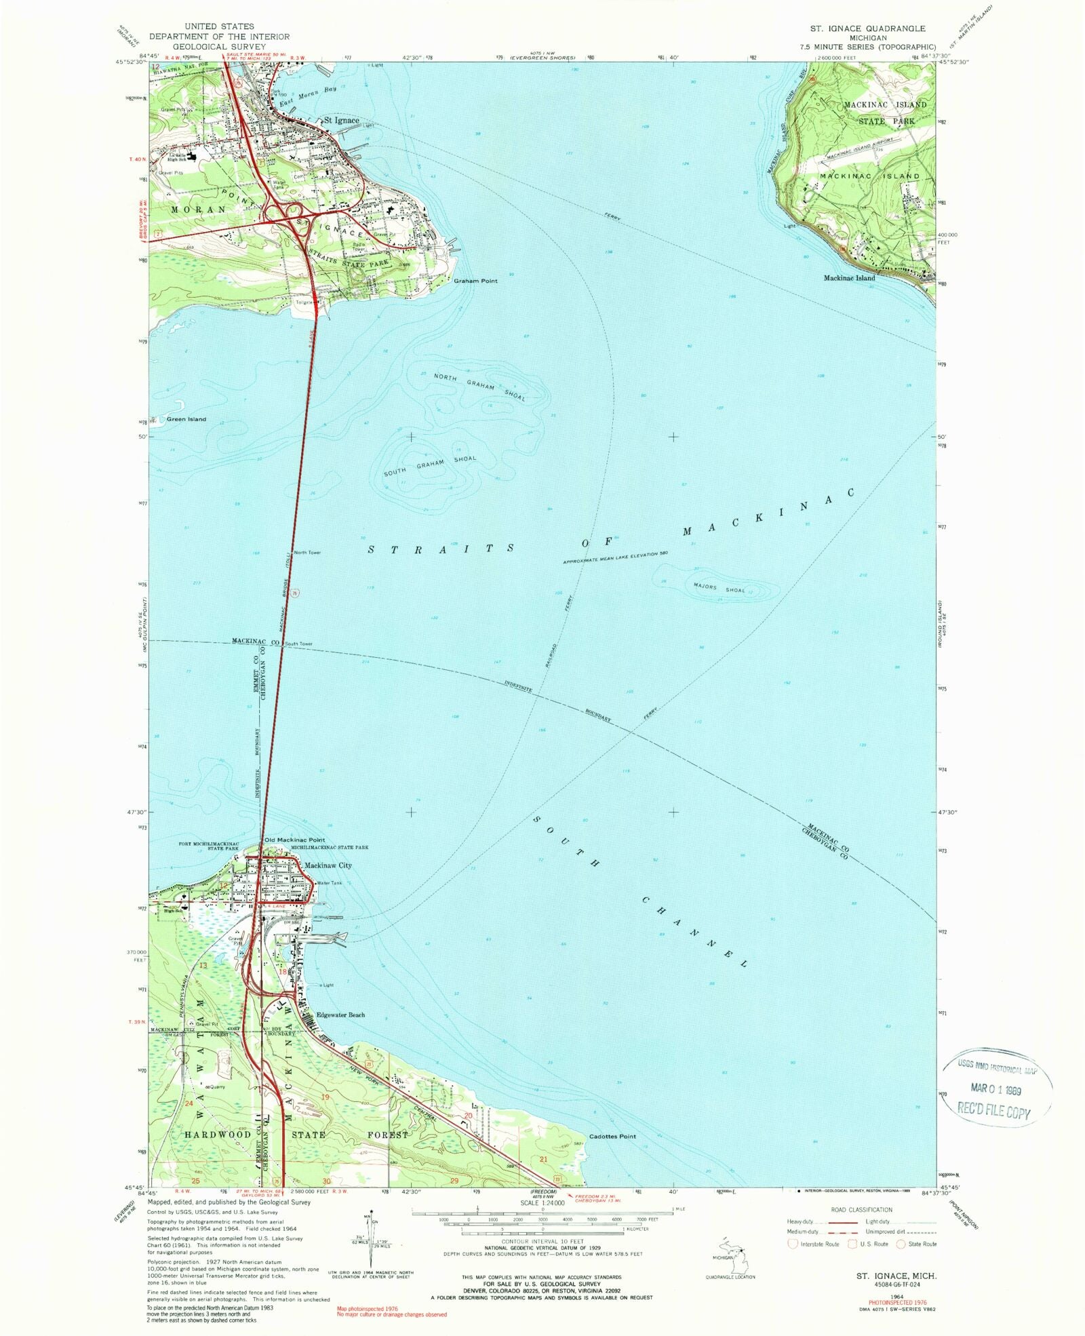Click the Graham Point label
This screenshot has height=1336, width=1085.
[x=475, y=281]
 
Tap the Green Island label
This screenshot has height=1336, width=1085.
[x=186, y=419]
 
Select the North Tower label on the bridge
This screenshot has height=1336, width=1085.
[x=307, y=552]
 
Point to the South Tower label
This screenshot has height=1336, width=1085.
[x=298, y=644]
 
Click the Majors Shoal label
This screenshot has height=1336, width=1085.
[x=719, y=588]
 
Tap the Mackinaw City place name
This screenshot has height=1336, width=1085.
[x=328, y=865]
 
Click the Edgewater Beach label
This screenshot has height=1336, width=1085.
[x=340, y=1015]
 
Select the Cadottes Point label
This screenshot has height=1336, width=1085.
[x=612, y=1136]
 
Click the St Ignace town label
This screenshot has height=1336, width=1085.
[x=341, y=120]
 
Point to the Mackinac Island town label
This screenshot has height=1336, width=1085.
[x=849, y=278]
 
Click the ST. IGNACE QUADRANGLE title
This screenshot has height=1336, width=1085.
[x=867, y=28]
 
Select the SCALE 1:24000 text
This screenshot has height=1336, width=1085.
[x=542, y=1203]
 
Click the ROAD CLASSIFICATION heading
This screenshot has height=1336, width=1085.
[x=861, y=1210]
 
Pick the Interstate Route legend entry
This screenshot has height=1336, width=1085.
[x=813, y=1244]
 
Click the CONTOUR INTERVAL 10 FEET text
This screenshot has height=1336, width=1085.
[x=542, y=1242]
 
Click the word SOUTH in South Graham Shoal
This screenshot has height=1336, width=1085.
[x=395, y=471]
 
